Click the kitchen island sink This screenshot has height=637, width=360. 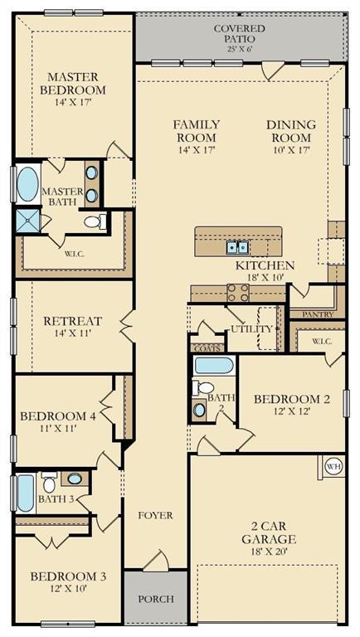pos(237,246)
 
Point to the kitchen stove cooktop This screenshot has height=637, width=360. pos(238,291)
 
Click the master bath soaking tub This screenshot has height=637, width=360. pos(27,185)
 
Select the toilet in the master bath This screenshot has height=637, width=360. pos(96,221)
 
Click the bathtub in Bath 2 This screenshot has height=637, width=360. pos(213,365)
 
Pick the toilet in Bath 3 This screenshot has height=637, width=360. pos(49,481)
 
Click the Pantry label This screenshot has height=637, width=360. pos(318,314)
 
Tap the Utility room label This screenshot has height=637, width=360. pos(251,329)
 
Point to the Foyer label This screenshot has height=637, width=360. pos(155,515)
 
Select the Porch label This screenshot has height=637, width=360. pos(156,598)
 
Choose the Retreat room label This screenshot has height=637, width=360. pos(72,321)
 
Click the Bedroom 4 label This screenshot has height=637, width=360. pos(58,416)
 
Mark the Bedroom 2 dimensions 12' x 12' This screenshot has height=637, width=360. pos(292,412)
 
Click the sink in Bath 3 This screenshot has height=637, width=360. pos(75,479)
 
